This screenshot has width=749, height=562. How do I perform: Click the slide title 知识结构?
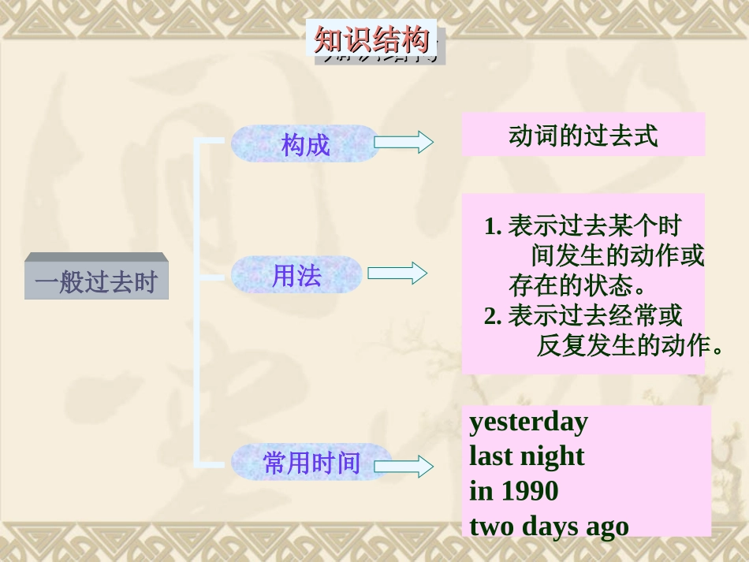[x=371, y=39]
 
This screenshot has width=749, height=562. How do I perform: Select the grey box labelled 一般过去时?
[x=96, y=281]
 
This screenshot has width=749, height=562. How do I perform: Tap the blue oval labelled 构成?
[x=305, y=144]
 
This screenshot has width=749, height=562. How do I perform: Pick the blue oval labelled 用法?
[x=296, y=275]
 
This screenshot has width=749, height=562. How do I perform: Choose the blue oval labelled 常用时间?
[x=311, y=463]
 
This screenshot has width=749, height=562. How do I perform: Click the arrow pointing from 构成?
[x=403, y=142]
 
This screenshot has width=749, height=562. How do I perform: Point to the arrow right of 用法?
[x=397, y=274]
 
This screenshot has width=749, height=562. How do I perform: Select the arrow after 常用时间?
[x=403, y=466]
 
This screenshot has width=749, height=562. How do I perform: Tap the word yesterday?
[x=528, y=422]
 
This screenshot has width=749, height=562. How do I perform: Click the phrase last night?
[x=527, y=456]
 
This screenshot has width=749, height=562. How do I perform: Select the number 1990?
[x=528, y=491]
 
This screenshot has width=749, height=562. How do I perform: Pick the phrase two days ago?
[x=549, y=526]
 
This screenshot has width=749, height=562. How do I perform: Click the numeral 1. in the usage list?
[x=493, y=227]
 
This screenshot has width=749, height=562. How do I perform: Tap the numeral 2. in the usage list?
[x=493, y=317]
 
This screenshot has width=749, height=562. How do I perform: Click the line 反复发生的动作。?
[x=630, y=345]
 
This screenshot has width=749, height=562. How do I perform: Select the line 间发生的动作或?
[x=617, y=256]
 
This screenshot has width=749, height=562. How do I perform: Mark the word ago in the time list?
[x=607, y=527]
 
